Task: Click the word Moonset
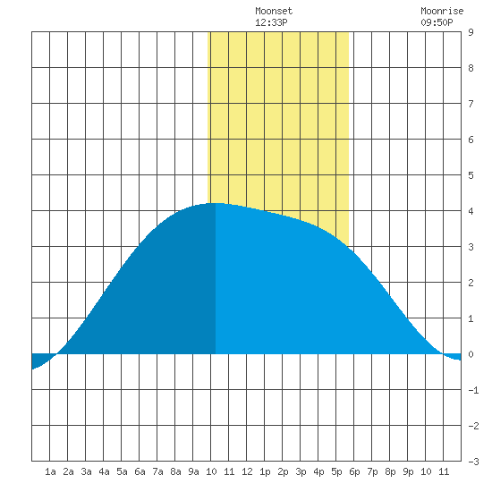pyautogui.click(x=274, y=11)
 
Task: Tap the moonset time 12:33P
pyautogui.click(x=271, y=22)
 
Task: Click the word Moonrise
pyautogui.click(x=442, y=11)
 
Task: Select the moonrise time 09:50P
pyautogui.click(x=437, y=22)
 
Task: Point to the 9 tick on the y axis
pyautogui.click(x=471, y=32)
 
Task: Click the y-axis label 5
pyautogui.click(x=471, y=175)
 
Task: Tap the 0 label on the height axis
pyautogui.click(x=471, y=354)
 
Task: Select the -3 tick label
pyautogui.click(x=473, y=462)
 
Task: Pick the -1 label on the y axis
pyautogui.click(x=473, y=390)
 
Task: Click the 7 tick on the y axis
pyautogui.click(x=471, y=104)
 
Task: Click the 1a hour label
pyautogui.click(x=50, y=471)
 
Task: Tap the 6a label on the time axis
pyautogui.click(x=140, y=471)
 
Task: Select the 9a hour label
pyautogui.click(x=193, y=471)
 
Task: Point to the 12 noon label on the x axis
pyautogui.click(x=247, y=471)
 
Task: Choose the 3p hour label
pyautogui.click(x=301, y=471)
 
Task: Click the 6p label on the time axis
pyautogui.click(x=354, y=471)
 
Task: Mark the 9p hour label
pyautogui.click(x=408, y=471)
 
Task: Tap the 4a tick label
pyautogui.click(x=104, y=471)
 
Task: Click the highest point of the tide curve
pyautogui.click(x=216, y=203)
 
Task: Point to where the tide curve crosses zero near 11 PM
pyautogui.click(x=443, y=354)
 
